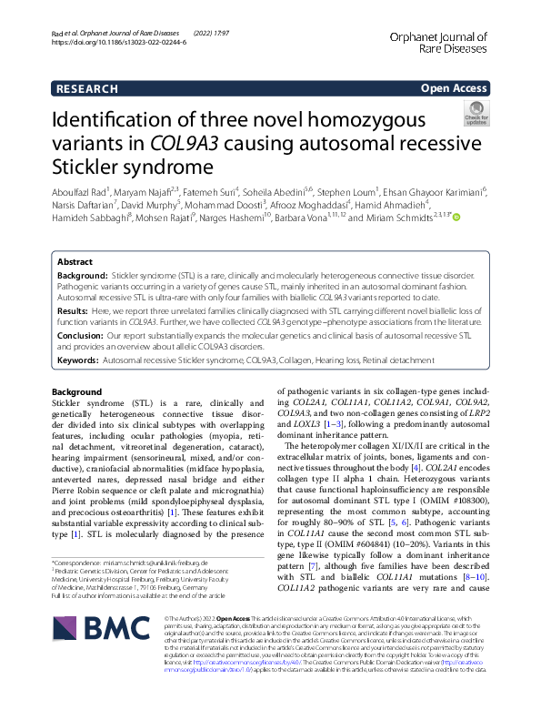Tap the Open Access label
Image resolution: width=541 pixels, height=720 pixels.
pos(453,88)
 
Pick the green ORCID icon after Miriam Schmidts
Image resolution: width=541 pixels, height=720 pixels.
pos(456,218)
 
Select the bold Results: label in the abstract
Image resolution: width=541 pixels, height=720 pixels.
pos(75,309)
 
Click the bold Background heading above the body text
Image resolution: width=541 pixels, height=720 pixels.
pos(77,392)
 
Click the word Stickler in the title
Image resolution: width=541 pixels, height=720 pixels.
pos(95,168)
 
